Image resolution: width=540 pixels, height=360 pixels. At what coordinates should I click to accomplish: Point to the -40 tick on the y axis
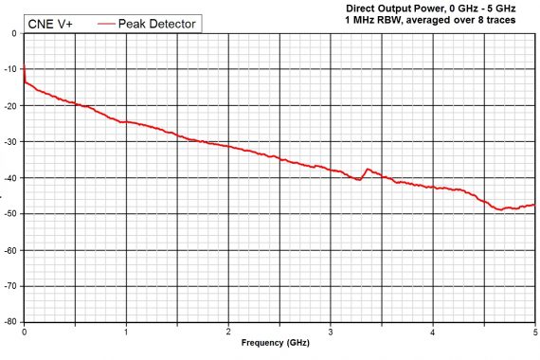[x=12, y=177]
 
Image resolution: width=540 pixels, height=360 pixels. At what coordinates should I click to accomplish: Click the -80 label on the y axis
[x=12, y=321]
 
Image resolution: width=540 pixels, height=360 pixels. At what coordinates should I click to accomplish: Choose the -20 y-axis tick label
[x=12, y=105]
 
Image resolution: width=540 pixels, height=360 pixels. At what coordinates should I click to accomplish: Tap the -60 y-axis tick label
[x=12, y=249]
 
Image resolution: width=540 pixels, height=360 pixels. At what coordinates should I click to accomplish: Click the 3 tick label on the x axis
[x=331, y=332]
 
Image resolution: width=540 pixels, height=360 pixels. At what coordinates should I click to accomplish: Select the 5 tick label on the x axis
[x=534, y=332]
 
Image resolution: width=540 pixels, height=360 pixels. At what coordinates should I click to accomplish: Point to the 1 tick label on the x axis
[x=126, y=332]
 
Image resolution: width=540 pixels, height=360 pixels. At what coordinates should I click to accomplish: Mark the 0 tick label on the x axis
[x=24, y=332]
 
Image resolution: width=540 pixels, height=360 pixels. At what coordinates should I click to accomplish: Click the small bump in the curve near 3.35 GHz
[x=368, y=170]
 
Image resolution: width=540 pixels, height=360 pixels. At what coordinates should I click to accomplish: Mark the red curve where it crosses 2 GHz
[x=228, y=146]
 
